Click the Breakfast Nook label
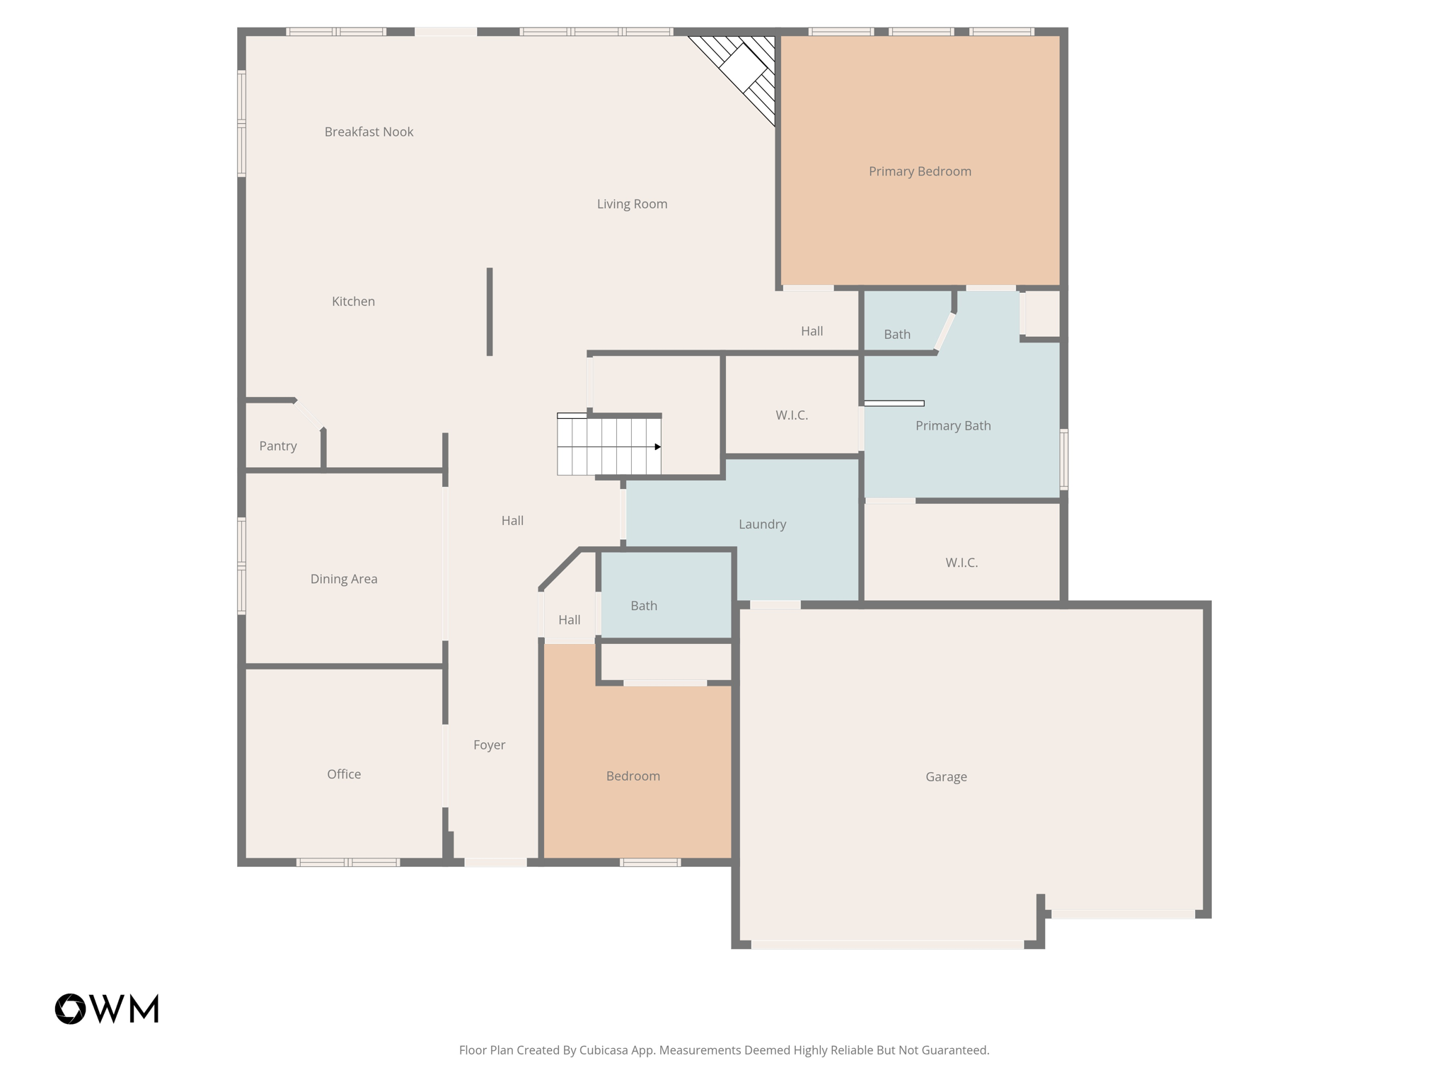[369, 132]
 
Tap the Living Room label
[632, 204]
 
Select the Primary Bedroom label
[920, 171]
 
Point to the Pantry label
[277, 446]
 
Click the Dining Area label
[344, 579]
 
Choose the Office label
[344, 774]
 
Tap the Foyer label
[489, 744]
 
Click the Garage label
[946, 776]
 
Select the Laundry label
[762, 524]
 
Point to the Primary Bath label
[953, 425]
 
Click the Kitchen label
[353, 301]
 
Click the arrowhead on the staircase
[657, 447]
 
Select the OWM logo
[107, 1008]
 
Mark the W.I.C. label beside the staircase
[792, 415]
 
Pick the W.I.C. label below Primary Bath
[962, 563]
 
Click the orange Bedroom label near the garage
[633, 776]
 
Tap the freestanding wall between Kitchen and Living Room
[490, 311]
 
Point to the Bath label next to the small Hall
[644, 606]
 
